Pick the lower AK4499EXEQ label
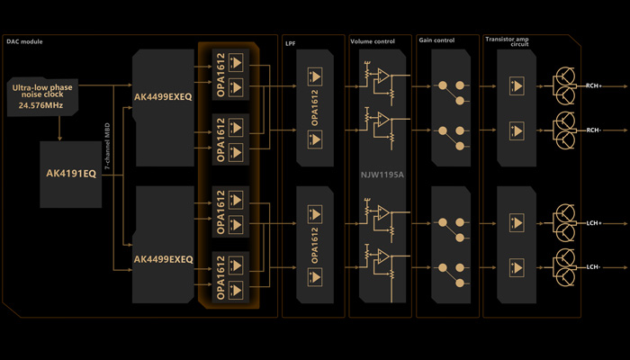click(x=163, y=259)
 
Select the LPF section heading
click(x=290, y=41)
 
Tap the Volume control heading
click(x=372, y=41)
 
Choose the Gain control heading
click(x=437, y=41)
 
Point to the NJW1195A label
click(x=382, y=176)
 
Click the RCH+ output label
click(x=594, y=85)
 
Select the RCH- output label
click(x=594, y=130)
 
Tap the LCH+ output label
click(x=594, y=222)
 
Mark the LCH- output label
click(x=594, y=267)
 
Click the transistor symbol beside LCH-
click(x=565, y=266)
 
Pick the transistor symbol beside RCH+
click(x=565, y=85)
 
